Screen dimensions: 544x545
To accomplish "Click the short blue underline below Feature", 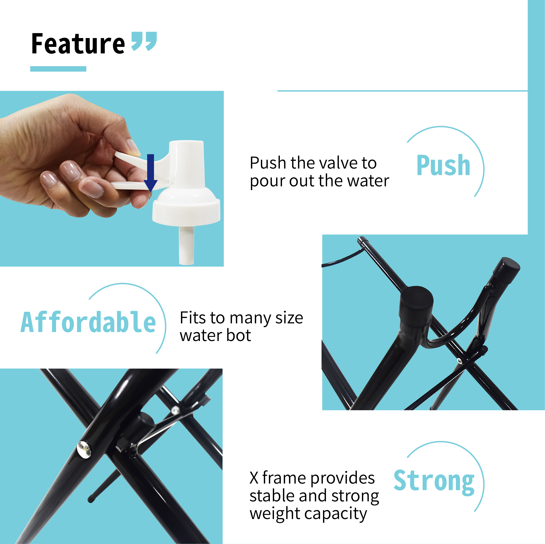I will click(x=58, y=69).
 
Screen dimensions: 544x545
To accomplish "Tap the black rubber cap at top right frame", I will click(x=507, y=270).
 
